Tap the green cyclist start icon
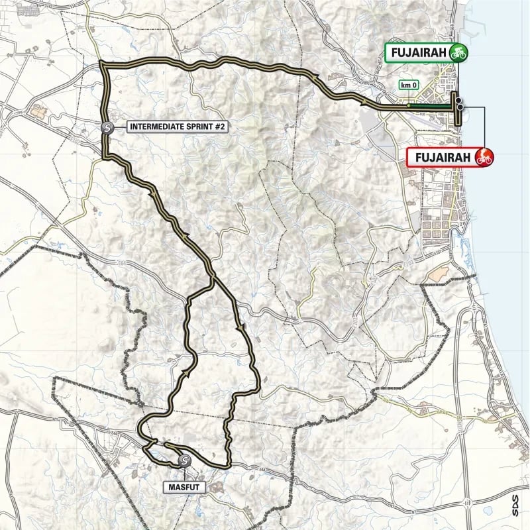click(457, 52)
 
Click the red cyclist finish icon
click(484, 157)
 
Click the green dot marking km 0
click(409, 105)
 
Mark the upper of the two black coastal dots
click(458, 99)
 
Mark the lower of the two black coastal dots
click(459, 107)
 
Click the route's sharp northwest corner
click(101, 63)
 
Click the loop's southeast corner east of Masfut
click(229, 464)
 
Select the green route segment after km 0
click(431, 105)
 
